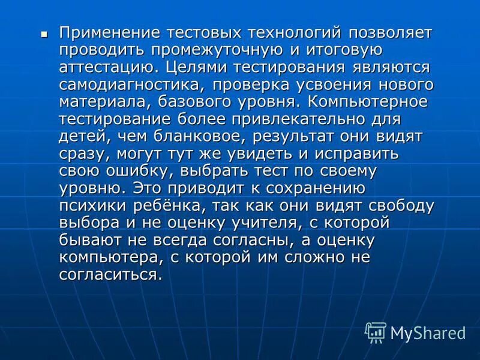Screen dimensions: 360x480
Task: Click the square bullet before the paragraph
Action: tap(43, 34)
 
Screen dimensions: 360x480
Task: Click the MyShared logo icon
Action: tap(376, 332)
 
